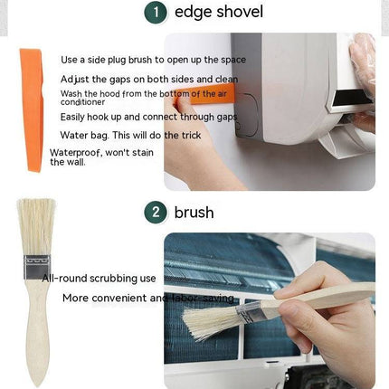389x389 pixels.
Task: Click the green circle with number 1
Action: point(157,13)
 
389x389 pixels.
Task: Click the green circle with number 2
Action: point(157,213)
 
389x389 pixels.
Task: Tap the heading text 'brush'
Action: point(194,213)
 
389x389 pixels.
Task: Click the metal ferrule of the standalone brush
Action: point(36,270)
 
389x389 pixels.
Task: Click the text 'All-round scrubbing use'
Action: point(100,279)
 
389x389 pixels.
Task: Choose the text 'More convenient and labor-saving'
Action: point(148,298)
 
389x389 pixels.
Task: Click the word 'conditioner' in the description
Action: point(83,102)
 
